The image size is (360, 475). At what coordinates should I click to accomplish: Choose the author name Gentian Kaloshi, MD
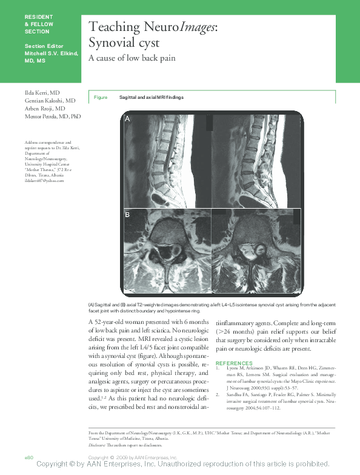(x=50, y=99)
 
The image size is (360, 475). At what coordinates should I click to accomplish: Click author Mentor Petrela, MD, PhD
(x=53, y=116)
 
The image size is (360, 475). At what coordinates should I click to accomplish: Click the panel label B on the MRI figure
(x=127, y=215)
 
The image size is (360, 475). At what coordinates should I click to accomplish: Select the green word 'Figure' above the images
(x=101, y=98)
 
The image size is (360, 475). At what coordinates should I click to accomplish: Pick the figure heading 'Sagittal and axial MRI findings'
(x=151, y=98)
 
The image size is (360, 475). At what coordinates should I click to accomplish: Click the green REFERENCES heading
(x=234, y=363)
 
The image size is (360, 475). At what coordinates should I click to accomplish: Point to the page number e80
(x=28, y=456)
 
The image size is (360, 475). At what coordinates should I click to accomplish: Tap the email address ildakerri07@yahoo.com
(x=44, y=181)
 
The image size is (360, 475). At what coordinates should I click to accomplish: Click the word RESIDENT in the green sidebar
(x=39, y=16)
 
